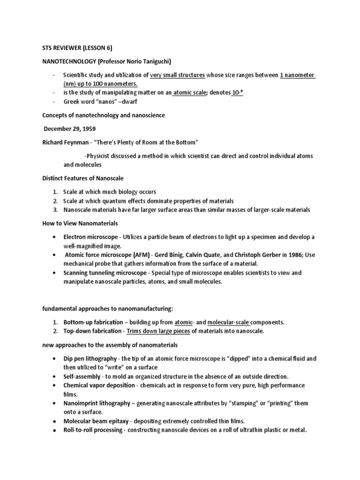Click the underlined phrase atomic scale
point(189,93)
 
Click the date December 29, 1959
point(69,128)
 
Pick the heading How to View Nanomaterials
point(80,223)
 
